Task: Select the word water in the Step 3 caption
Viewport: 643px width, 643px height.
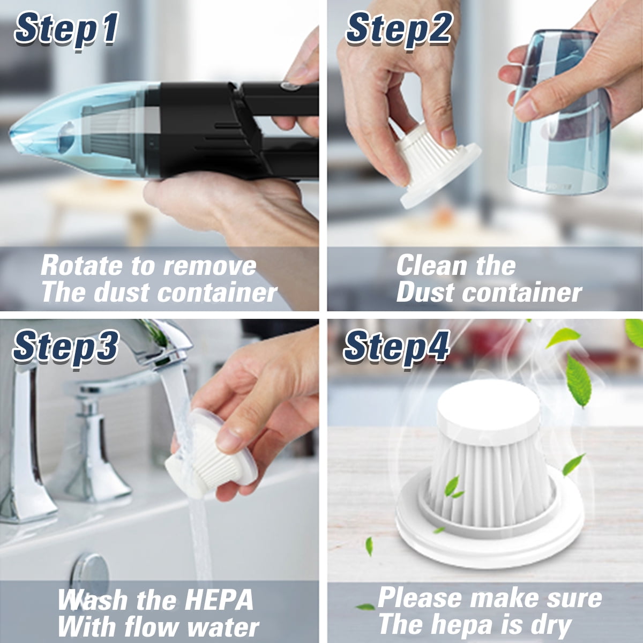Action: tap(223, 626)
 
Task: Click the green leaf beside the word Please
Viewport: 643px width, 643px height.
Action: tap(365, 606)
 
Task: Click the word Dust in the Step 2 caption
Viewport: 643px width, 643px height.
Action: tap(426, 293)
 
